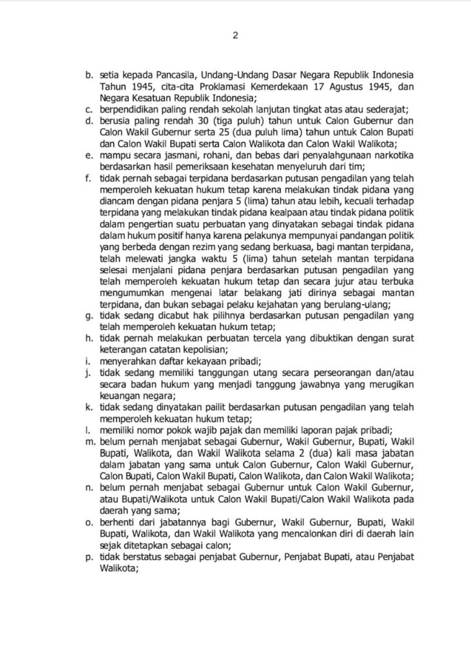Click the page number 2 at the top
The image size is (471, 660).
point(235,35)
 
